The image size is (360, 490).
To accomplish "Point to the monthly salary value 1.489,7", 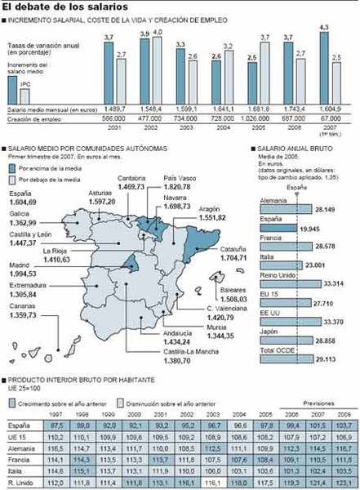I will point(114,109).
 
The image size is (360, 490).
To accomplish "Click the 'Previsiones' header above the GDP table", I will point(318,403).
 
